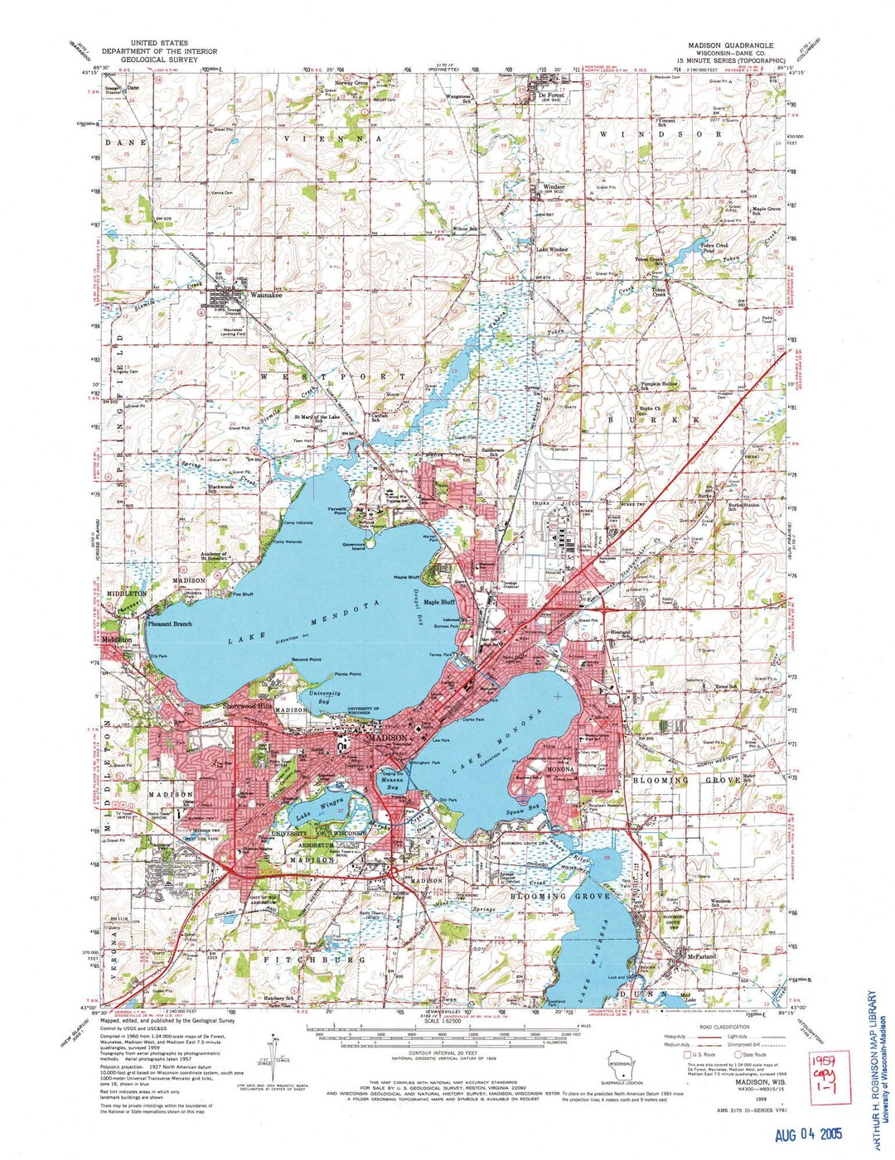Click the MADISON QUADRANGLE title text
point(729,45)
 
